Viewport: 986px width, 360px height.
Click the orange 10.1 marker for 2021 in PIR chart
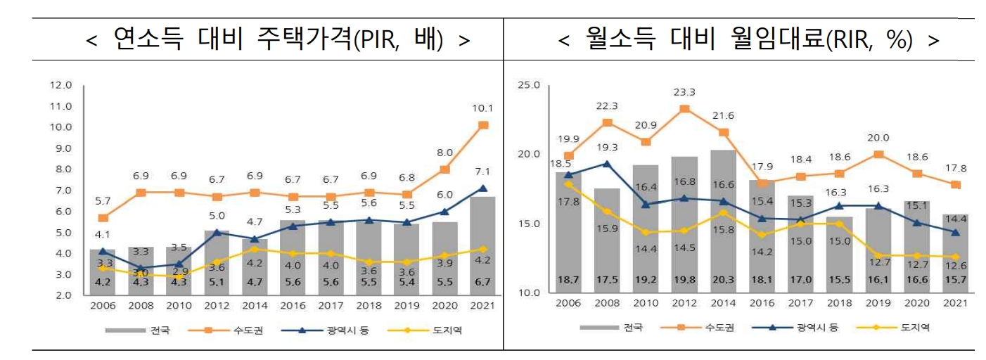pyautogui.click(x=483, y=125)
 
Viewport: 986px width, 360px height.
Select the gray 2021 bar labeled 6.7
pyautogui.click(x=483, y=246)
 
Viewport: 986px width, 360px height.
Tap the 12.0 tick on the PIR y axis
pyautogui.click(x=61, y=85)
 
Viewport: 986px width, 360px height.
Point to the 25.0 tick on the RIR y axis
pyautogui.click(x=527, y=85)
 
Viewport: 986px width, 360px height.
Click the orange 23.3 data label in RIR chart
pyautogui.click(x=684, y=92)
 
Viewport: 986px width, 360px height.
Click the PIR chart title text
pyautogui.click(x=278, y=40)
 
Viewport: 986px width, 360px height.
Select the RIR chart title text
pyautogui.click(x=748, y=40)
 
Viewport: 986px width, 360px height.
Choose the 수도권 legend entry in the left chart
pyautogui.click(x=232, y=330)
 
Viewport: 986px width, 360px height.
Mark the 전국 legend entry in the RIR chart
pyautogui.click(x=612, y=327)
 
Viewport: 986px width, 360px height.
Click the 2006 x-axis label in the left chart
pyautogui.click(x=102, y=307)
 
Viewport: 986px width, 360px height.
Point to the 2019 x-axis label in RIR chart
pyautogui.click(x=877, y=302)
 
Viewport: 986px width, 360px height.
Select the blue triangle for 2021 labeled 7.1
pyautogui.click(x=483, y=188)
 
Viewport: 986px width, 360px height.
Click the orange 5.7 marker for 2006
pyautogui.click(x=103, y=218)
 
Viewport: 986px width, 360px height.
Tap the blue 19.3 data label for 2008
pyautogui.click(x=606, y=148)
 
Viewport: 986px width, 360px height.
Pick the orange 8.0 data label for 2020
pyautogui.click(x=444, y=152)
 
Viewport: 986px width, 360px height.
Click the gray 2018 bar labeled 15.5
pyautogui.click(x=838, y=255)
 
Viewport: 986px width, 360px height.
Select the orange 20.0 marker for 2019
pyautogui.click(x=877, y=155)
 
